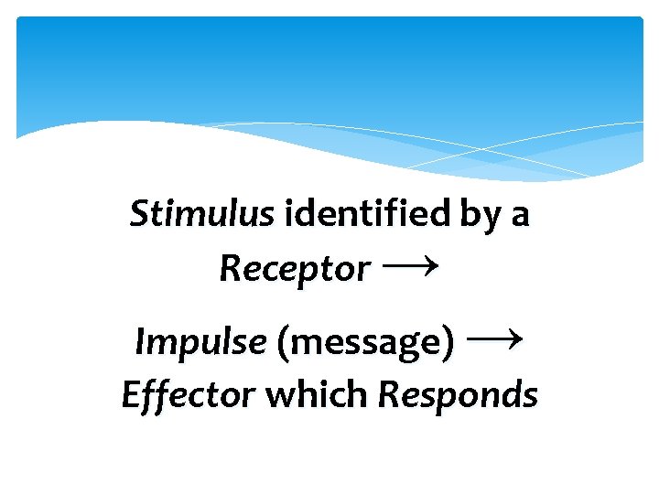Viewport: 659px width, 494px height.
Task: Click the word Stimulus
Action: (x=201, y=215)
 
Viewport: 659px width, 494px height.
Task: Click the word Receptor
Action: (x=295, y=269)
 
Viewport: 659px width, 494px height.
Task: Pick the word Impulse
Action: (x=200, y=342)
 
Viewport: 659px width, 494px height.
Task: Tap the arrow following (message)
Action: (x=494, y=340)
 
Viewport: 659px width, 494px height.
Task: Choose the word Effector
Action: (x=189, y=395)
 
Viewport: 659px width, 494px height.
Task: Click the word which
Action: (x=317, y=395)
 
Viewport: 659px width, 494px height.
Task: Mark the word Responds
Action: (x=458, y=396)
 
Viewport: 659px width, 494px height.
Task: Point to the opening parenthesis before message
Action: (x=282, y=343)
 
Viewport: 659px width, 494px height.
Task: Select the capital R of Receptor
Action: (x=229, y=269)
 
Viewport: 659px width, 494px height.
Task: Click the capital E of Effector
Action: (x=132, y=395)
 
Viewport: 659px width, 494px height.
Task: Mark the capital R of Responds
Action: (x=388, y=395)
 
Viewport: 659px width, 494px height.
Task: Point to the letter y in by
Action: (x=489, y=220)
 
